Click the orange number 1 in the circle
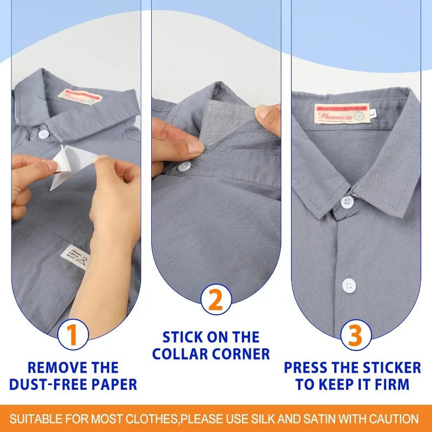[75, 335]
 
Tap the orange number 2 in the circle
[215, 299]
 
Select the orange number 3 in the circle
[356, 335]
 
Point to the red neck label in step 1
[79, 96]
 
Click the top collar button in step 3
[346, 202]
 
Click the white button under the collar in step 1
[45, 133]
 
